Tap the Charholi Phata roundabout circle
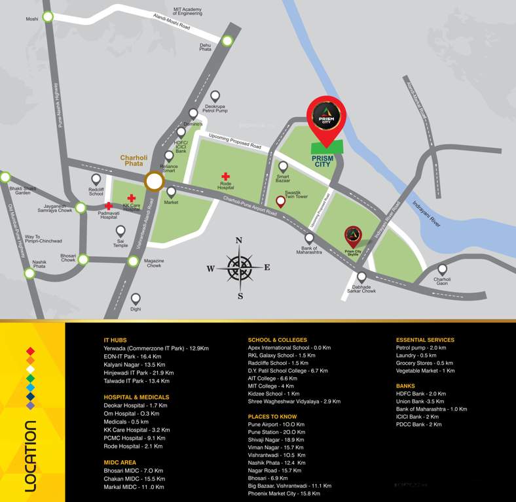tap(155, 182)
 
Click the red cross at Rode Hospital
tap(225, 176)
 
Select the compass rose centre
tap(239, 267)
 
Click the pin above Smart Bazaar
tap(283, 167)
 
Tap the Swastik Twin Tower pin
tap(281, 201)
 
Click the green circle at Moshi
tap(48, 18)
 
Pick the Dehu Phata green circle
tap(227, 41)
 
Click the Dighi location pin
tap(136, 298)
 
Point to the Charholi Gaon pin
tap(442, 269)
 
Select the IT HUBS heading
tap(115, 341)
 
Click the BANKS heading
tap(405, 386)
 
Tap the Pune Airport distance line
tap(276, 424)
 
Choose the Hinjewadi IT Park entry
tap(138, 373)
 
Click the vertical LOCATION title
tap(29, 455)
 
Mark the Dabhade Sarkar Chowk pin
tap(361, 277)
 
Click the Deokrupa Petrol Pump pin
tap(215, 96)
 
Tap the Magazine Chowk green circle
tap(134, 261)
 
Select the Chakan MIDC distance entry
tap(134, 478)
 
